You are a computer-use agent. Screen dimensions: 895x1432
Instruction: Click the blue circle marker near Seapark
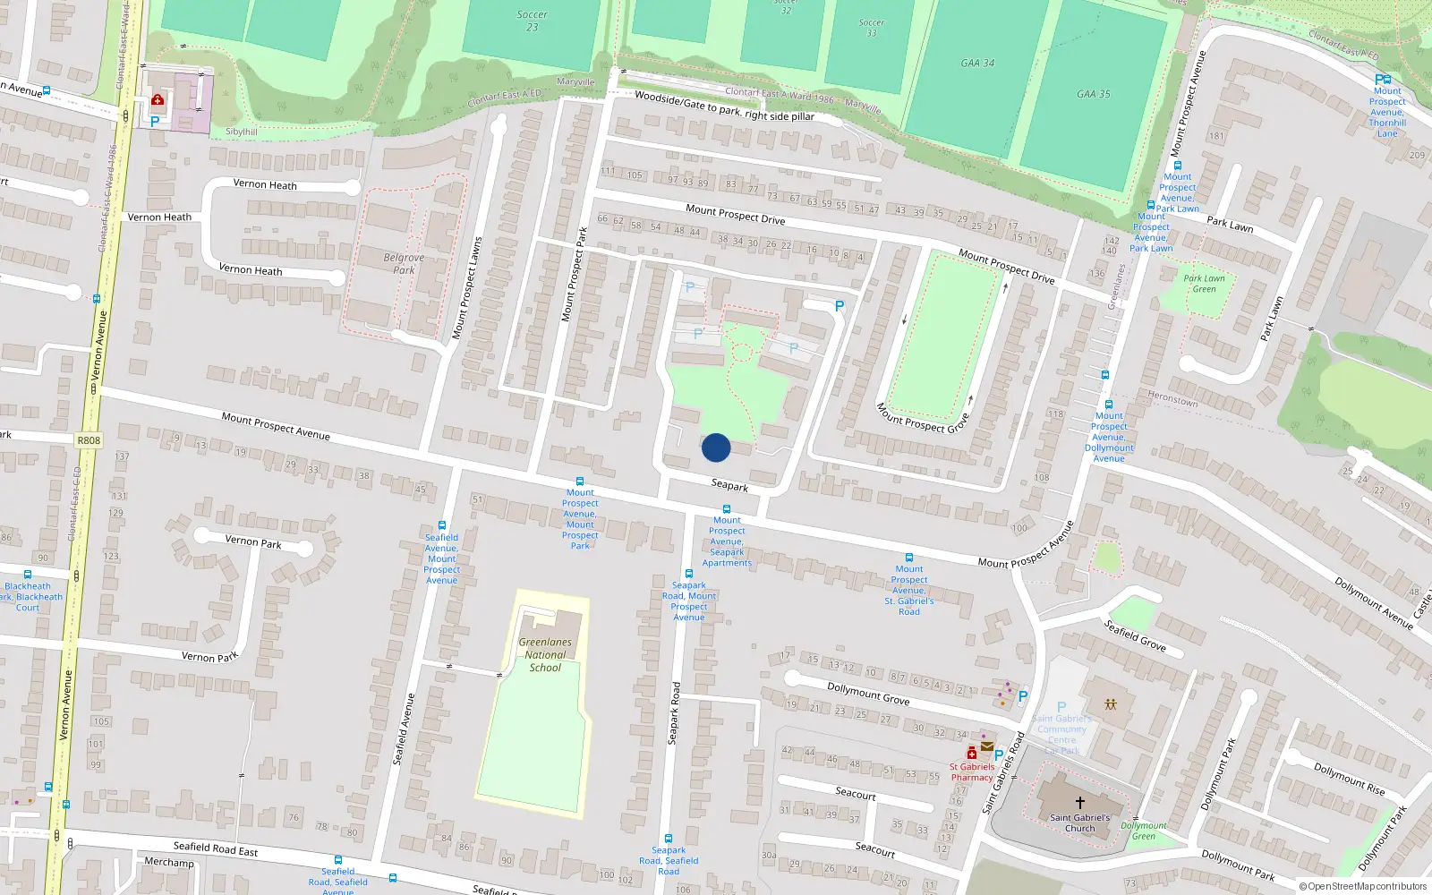coord(716,447)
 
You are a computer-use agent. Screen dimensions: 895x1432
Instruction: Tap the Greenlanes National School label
coord(545,654)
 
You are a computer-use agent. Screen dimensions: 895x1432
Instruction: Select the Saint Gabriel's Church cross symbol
coord(1079,803)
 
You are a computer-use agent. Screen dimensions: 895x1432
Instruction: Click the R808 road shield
coord(89,440)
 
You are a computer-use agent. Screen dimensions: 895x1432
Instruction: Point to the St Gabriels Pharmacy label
coord(972,771)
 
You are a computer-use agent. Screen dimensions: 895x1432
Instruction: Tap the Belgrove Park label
coord(404,263)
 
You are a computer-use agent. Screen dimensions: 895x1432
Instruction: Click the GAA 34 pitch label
coord(977,64)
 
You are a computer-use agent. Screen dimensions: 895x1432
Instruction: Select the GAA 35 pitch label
coord(1093,94)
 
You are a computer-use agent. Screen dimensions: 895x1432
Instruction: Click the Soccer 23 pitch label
coord(532,21)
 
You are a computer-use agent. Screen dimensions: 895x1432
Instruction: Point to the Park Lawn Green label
coord(1204,283)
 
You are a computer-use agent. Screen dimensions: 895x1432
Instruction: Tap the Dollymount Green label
coord(1144,831)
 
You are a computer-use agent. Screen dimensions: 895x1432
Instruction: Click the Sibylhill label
coord(242,132)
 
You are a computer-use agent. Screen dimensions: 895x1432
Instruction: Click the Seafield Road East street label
coord(216,848)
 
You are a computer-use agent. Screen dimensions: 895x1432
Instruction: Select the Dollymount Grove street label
coord(868,693)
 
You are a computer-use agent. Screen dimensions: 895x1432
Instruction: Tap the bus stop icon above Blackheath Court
coord(28,575)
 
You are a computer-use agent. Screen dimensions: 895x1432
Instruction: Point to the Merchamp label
coord(169,863)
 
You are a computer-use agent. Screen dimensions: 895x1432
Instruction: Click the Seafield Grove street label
coord(1134,635)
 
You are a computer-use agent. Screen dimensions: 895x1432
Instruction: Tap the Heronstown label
coord(1172,398)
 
